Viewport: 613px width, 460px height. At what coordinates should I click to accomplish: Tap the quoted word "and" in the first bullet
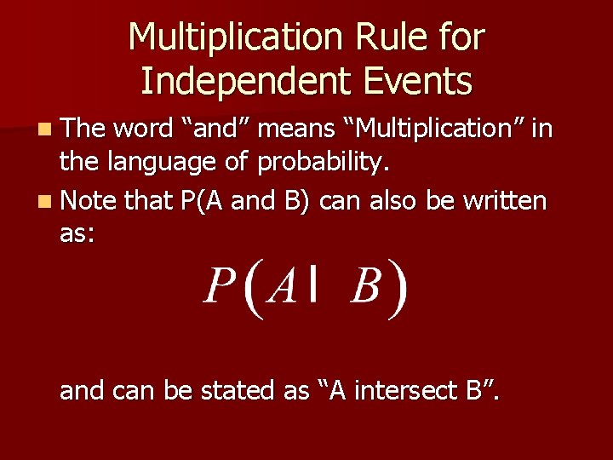[216, 129]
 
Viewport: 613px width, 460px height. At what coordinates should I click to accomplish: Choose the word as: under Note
[77, 235]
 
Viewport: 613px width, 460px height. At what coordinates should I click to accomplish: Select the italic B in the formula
[365, 288]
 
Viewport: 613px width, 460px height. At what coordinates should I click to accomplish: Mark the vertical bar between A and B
[316, 286]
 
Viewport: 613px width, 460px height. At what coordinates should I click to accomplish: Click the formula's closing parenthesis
[397, 290]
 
